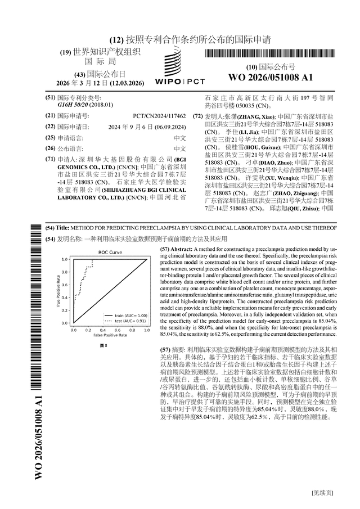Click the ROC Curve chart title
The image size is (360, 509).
point(110,253)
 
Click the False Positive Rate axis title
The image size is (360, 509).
point(110,335)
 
